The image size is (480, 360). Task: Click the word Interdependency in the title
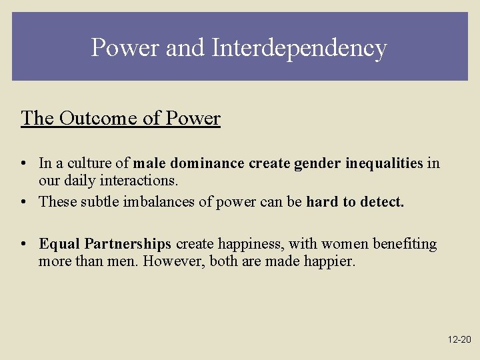299,48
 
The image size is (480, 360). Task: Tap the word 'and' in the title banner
184,48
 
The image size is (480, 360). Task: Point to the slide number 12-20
459,340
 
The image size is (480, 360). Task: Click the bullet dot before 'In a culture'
24,164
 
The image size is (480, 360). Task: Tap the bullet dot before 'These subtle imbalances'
24,202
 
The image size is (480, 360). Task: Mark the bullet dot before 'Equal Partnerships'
24,245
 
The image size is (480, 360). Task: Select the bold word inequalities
384,163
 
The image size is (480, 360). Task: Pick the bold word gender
318,163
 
